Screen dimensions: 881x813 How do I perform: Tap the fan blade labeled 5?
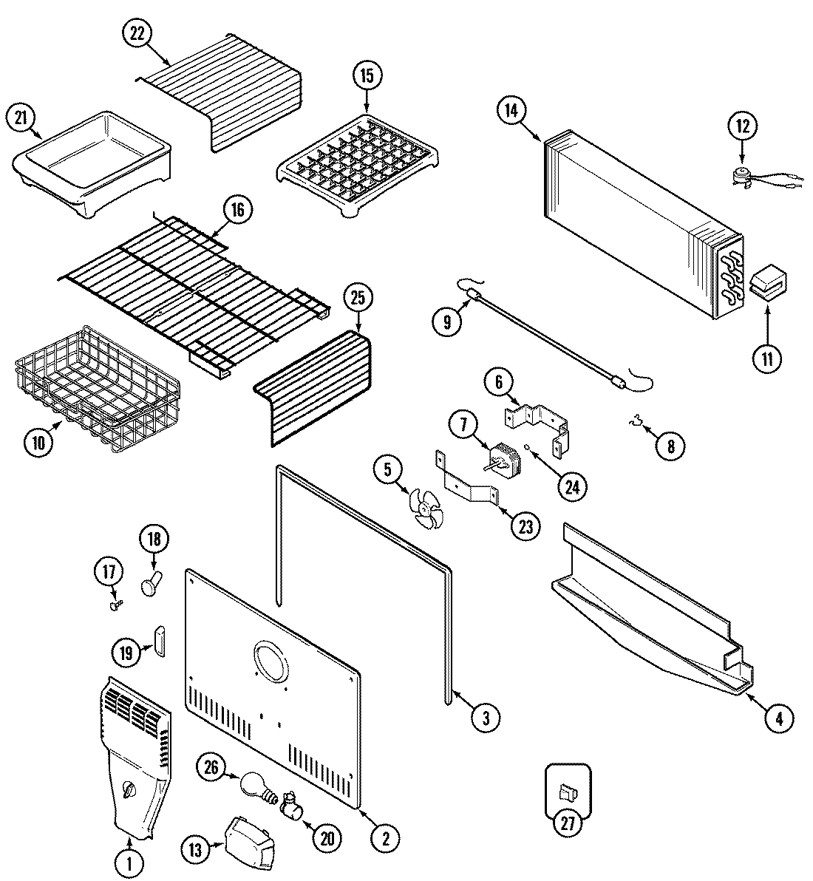pos(426,508)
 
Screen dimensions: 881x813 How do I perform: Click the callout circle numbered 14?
pos(510,112)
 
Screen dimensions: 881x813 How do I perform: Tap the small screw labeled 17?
pos(115,604)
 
